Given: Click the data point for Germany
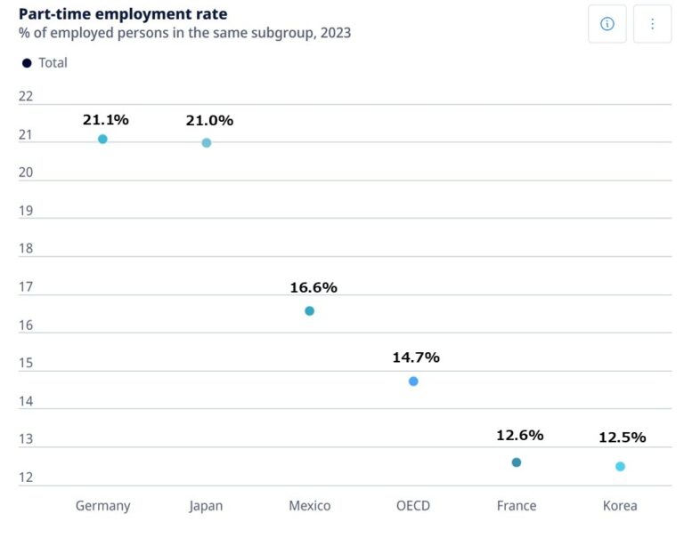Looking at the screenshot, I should (x=102, y=139).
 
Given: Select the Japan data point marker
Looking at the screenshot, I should (x=207, y=142).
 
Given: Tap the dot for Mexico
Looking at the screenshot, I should (x=310, y=310).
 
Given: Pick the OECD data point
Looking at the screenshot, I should (x=413, y=381).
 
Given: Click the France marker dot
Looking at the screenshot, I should (x=517, y=462).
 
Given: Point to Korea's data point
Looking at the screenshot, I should (x=620, y=466).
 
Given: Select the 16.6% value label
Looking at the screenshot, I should (x=313, y=287).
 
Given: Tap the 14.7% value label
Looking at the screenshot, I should (x=416, y=357).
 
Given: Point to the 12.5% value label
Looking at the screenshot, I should (x=622, y=438).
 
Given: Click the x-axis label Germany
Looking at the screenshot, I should (x=102, y=506).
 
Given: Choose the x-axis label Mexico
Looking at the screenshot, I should (x=310, y=506).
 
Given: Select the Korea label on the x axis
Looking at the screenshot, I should (x=620, y=506).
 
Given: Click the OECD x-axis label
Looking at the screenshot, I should (x=413, y=506).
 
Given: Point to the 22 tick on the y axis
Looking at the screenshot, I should (x=26, y=96).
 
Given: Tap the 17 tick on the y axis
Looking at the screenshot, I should (x=26, y=287).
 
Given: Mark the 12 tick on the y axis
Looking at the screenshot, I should (x=26, y=478).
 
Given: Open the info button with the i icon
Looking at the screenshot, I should (x=607, y=24).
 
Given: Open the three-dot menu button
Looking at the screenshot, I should (x=652, y=24).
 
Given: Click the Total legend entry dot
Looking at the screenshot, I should (x=27, y=63).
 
